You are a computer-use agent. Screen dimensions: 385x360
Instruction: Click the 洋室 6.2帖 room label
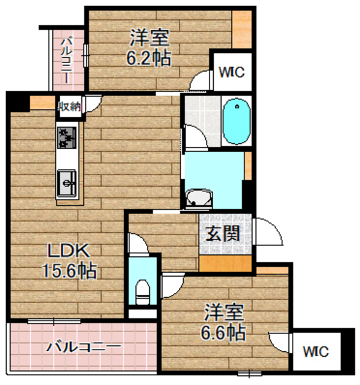[148, 48]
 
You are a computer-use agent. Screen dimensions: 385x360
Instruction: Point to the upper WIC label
[231, 72]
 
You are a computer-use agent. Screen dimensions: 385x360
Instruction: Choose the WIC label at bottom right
[315, 350]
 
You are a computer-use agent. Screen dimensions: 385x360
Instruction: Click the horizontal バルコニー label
[84, 347]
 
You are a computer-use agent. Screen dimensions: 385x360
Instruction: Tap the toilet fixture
[143, 292]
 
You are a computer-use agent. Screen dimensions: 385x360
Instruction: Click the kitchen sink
[66, 180]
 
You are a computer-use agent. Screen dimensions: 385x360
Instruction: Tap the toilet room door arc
[172, 280]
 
